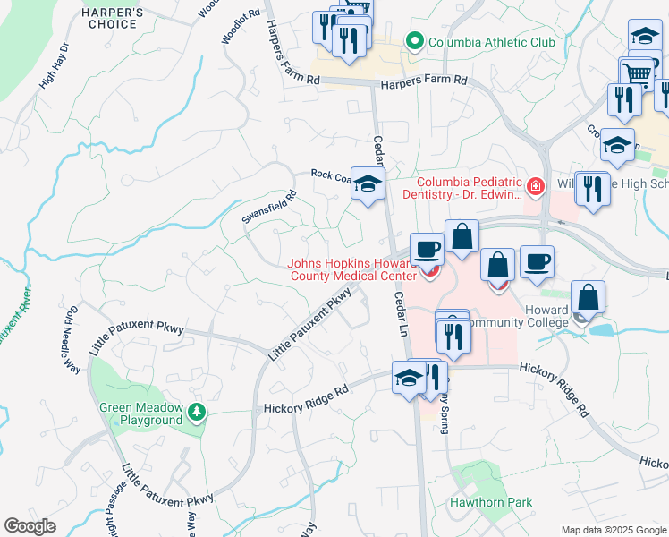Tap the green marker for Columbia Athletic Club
click(x=414, y=41)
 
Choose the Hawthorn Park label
click(x=491, y=502)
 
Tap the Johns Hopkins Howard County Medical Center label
click(x=353, y=270)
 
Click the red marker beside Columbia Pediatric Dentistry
click(x=535, y=187)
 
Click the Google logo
click(x=30, y=526)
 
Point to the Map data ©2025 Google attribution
click(x=613, y=530)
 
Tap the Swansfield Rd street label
click(x=269, y=207)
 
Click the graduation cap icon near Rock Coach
click(x=367, y=184)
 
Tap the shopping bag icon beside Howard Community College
click(x=589, y=298)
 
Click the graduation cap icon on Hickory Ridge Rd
click(x=409, y=377)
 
